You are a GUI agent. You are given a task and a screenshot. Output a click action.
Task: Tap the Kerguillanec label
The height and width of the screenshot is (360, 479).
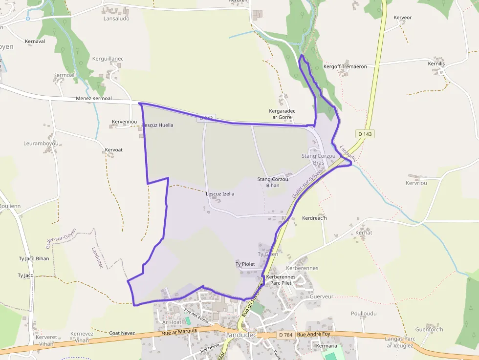tap(108, 59)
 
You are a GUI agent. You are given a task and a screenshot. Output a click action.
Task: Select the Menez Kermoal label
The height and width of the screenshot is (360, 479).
tap(94, 99)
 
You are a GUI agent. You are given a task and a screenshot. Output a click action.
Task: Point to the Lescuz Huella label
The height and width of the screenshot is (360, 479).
tap(157, 125)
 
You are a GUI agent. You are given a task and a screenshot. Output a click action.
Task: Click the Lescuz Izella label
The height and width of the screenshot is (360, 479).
tap(220, 194)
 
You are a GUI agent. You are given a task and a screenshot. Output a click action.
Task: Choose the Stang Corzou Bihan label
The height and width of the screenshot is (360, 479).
tap(273, 182)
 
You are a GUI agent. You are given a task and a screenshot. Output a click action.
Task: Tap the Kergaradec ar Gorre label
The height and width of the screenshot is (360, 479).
tap(282, 114)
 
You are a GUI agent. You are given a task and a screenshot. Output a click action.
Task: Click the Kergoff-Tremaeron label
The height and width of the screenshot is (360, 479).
tap(345, 66)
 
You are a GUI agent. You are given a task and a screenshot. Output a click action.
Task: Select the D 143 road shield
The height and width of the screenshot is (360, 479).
tap(365, 134)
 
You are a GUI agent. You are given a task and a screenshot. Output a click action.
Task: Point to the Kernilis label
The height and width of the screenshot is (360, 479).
tap(436, 64)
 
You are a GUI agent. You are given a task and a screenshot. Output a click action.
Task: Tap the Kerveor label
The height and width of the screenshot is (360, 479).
tap(403, 18)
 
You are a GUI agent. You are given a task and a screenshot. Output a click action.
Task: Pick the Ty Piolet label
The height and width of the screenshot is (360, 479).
tap(245, 264)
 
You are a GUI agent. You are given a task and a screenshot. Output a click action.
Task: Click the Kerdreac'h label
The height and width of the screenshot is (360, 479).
tap(314, 218)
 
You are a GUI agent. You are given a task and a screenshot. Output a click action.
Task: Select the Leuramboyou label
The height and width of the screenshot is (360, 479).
tap(41, 144)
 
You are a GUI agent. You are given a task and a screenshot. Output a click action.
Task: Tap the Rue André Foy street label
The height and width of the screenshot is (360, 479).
tap(314, 335)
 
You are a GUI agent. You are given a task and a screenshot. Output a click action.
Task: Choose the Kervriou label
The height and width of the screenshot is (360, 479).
tap(416, 183)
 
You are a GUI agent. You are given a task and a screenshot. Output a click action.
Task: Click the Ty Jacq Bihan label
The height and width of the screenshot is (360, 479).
tap(34, 258)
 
